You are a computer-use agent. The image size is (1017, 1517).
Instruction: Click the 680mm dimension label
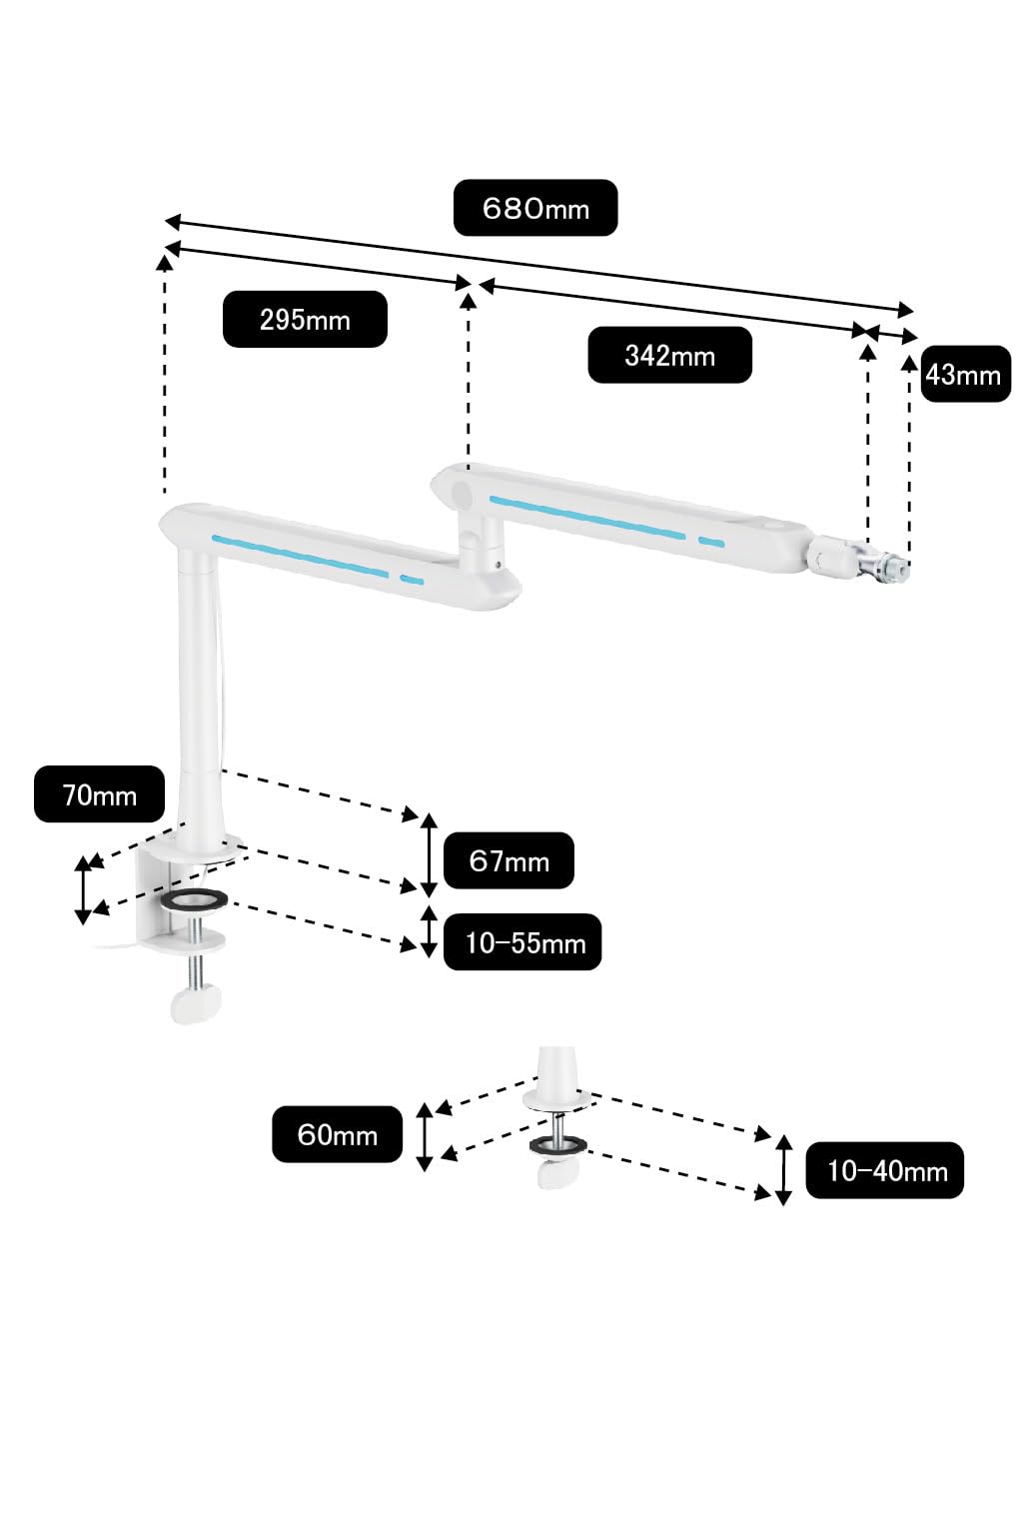pos(534,208)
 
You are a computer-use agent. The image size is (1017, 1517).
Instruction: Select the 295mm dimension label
pos(305,320)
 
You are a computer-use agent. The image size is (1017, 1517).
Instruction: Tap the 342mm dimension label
pos(669,356)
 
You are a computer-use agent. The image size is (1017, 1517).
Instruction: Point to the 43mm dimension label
pos(964,374)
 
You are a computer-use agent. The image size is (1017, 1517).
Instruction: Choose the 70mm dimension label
pos(100,794)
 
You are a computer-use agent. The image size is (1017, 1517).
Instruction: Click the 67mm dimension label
pos(508,860)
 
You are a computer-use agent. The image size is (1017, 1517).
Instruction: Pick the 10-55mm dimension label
pos(522,942)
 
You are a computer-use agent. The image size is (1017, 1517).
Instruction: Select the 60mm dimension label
pos(338,1134)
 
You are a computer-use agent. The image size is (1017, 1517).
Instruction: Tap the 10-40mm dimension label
pos(885,1170)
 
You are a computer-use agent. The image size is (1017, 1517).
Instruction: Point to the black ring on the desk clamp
pos(195,901)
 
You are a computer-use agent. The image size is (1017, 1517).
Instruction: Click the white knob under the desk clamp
pos(196,1003)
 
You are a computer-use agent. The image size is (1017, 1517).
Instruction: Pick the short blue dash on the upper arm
pos(711,542)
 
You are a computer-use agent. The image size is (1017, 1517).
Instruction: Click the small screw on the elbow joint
pos(499,563)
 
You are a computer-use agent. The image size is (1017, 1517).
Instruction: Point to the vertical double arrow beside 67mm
pos(430,855)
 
